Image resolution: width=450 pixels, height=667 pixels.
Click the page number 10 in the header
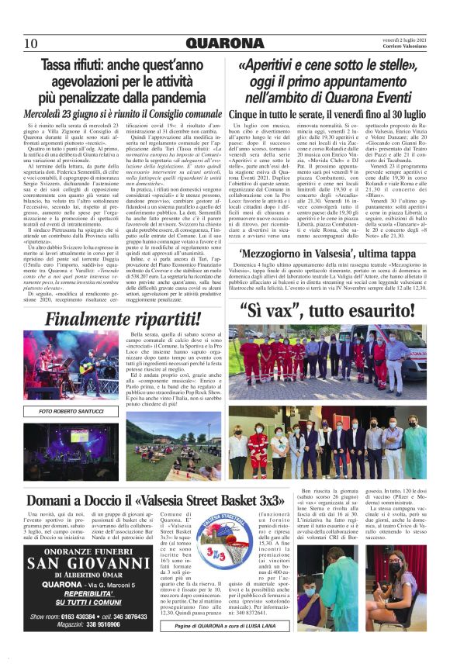pyautogui.click(x=30, y=43)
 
